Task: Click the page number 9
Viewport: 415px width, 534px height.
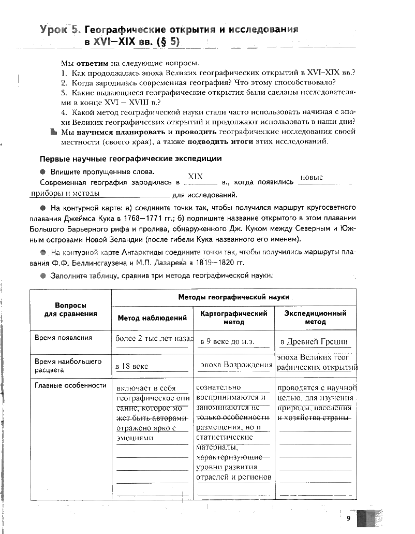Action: tap(349, 518)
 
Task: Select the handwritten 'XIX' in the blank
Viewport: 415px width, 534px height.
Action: tap(195, 176)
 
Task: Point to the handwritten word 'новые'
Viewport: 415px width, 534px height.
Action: tap(312, 177)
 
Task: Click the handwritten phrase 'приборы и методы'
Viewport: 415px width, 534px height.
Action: tap(65, 193)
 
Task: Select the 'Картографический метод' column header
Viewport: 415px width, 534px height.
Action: tap(233, 317)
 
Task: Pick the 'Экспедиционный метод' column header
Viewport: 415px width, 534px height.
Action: tap(315, 317)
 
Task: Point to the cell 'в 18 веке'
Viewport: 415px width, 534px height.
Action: tap(132, 366)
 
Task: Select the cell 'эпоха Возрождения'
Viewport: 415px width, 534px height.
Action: tap(235, 365)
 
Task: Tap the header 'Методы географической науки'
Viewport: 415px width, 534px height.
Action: tap(233, 297)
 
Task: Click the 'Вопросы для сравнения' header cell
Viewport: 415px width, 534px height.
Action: tap(70, 310)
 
